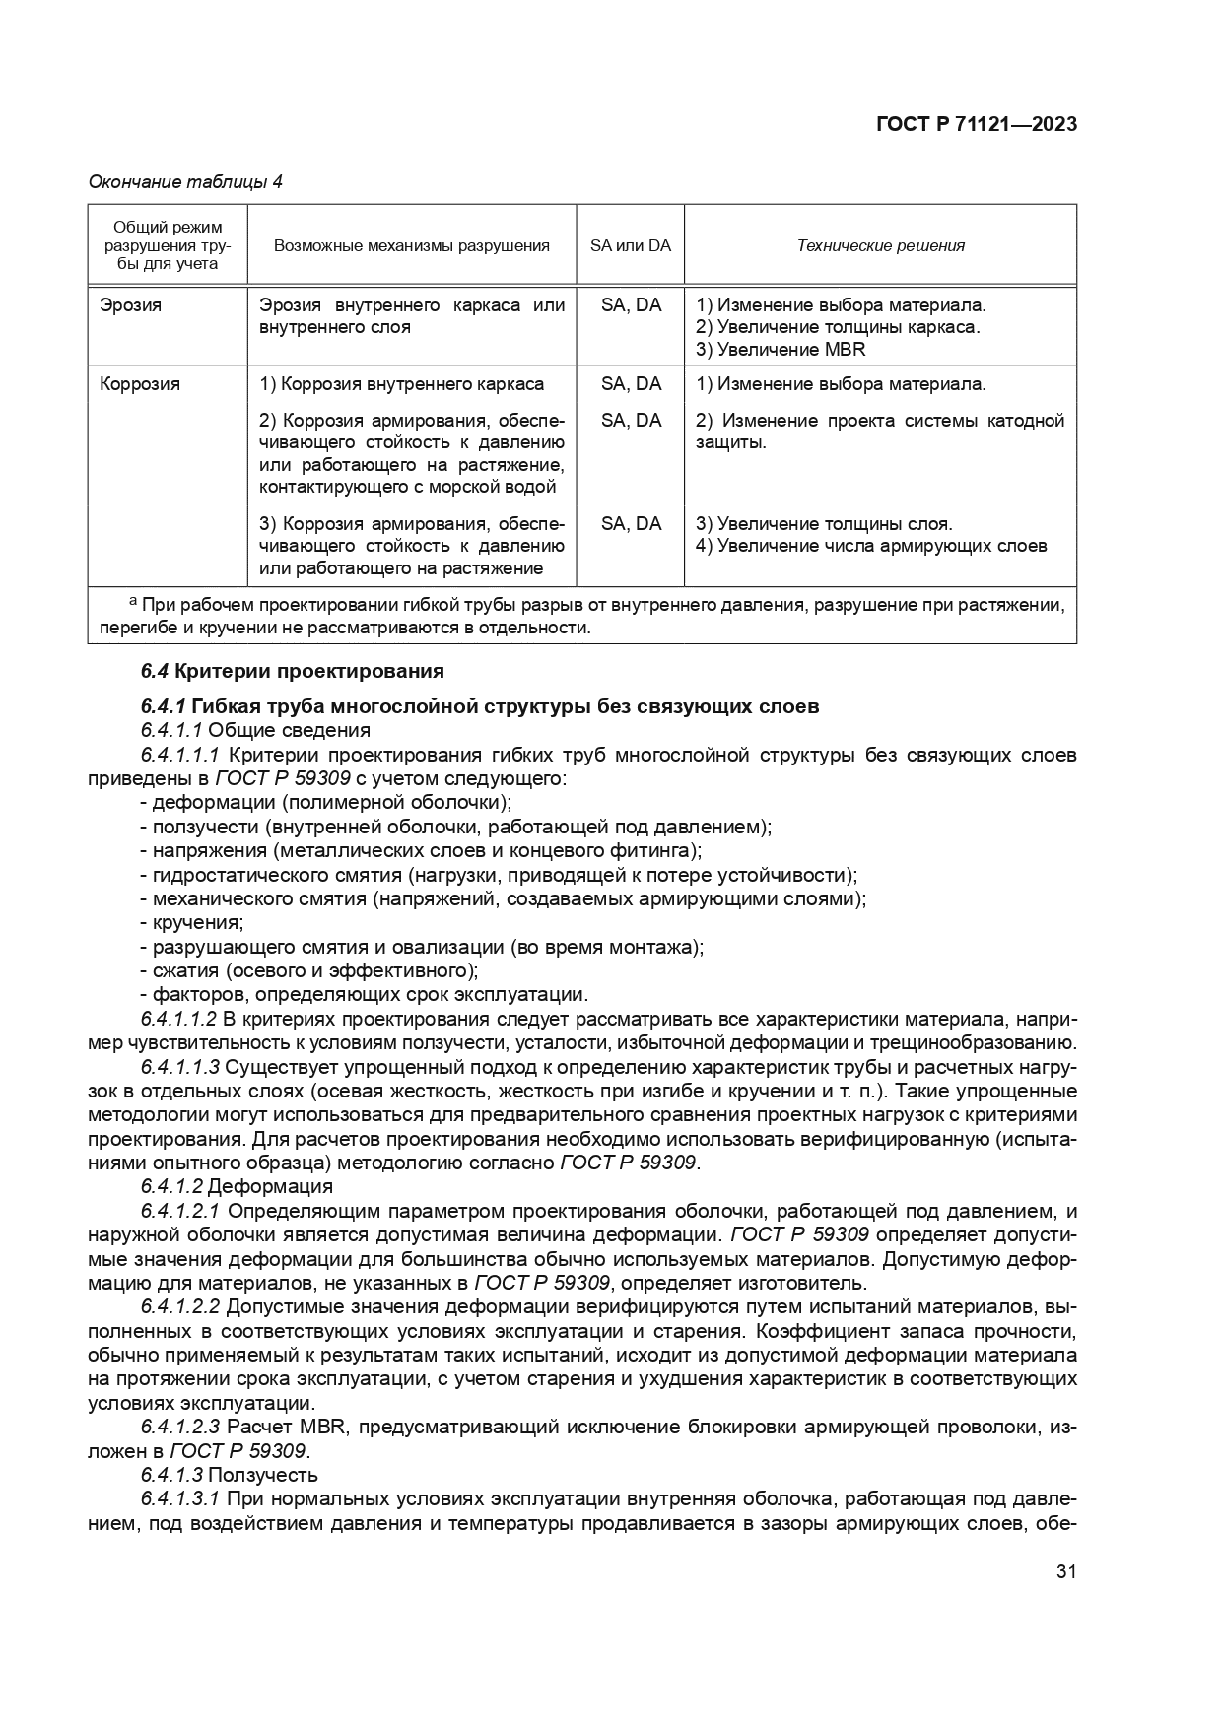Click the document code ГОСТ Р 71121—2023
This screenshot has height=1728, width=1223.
[976, 124]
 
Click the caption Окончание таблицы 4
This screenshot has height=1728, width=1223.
[185, 182]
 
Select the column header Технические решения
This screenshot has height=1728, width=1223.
[880, 246]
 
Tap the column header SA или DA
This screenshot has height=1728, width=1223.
[630, 246]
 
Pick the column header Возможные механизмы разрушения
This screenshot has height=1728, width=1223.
[411, 246]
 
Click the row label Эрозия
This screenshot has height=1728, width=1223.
[130, 305]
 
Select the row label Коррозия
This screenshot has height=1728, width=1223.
[140, 384]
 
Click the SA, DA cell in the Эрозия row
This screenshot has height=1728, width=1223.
[631, 305]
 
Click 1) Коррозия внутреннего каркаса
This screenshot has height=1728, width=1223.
[401, 384]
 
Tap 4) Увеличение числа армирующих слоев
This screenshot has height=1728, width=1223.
[871, 546]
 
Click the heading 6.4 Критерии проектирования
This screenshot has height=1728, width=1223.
[292, 672]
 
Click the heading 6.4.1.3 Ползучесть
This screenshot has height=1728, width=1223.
[229, 1475]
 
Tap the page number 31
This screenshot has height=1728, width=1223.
[1065, 1572]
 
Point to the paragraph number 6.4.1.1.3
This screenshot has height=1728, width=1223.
[179, 1067]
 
